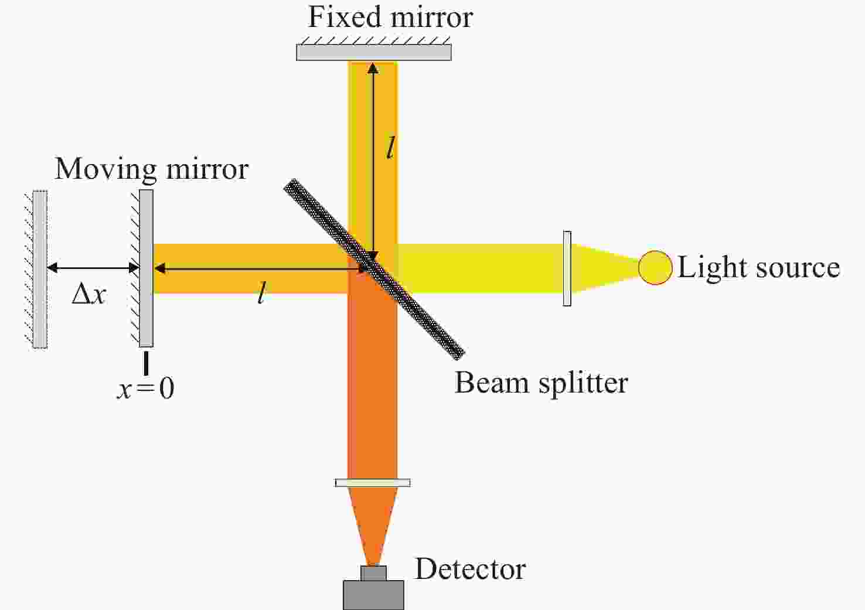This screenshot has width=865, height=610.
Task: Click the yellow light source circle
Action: coord(655,268)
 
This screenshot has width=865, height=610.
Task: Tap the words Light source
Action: coord(758,268)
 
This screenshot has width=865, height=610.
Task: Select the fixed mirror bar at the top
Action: coord(373,52)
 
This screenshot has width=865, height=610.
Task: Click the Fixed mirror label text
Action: coord(390,17)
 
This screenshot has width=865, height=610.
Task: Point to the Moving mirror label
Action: coord(151,169)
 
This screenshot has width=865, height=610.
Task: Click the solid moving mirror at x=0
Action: coord(146,268)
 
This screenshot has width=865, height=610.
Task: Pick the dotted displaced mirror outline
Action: coord(40,270)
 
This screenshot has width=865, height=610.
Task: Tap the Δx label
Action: coord(88,294)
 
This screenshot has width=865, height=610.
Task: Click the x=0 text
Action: coord(146,389)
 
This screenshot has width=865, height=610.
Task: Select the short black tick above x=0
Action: coord(146,362)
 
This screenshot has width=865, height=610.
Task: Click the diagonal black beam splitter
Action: coord(374,269)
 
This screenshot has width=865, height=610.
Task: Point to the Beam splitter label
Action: coord(541,383)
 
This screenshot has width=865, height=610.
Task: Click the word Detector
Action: coord(470,569)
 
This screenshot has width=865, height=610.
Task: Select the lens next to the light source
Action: coord(567,268)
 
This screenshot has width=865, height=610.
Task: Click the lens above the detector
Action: coord(373,483)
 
